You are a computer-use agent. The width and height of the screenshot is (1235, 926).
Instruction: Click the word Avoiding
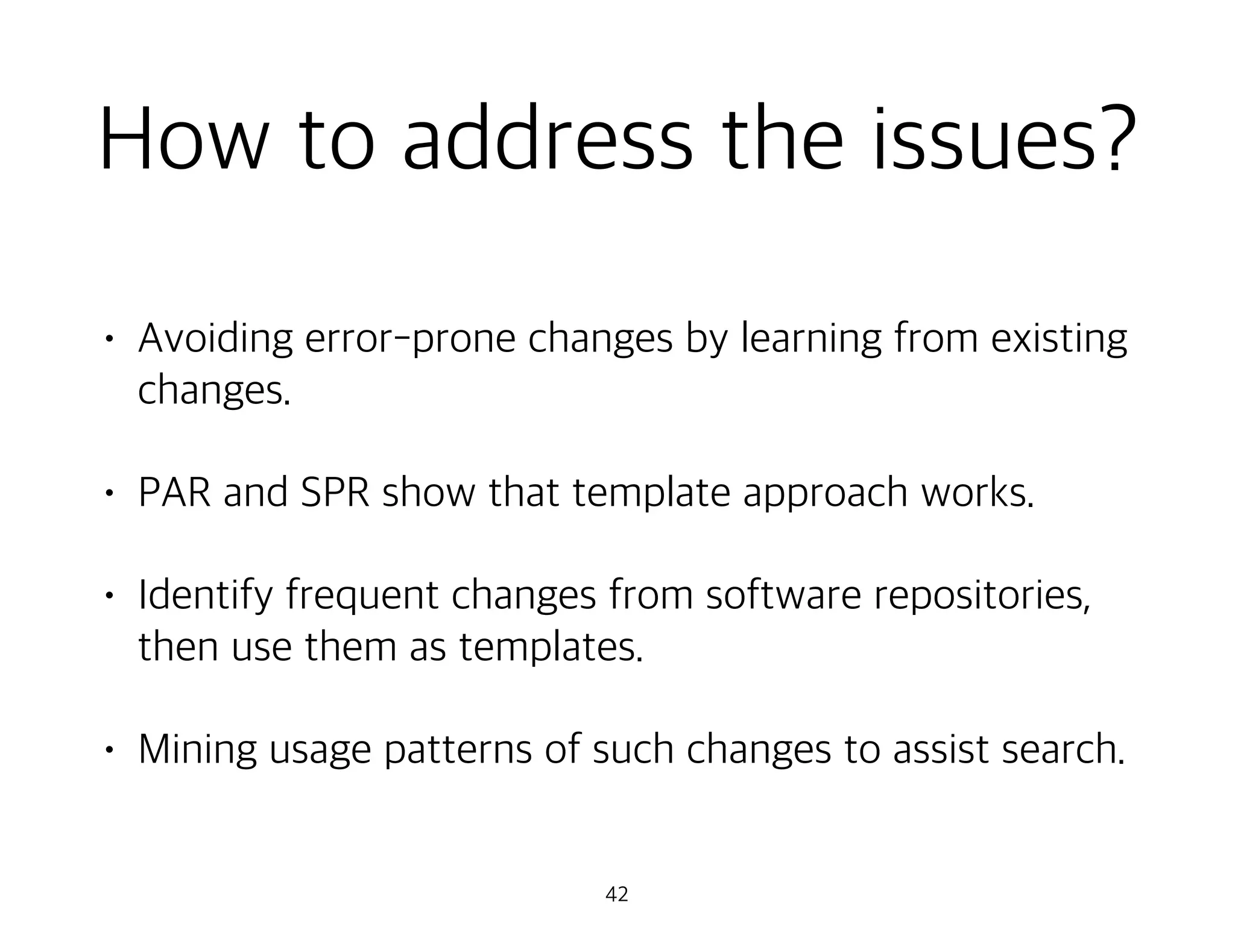pyautogui.click(x=215, y=339)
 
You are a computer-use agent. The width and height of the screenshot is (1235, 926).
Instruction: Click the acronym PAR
pyautogui.click(x=175, y=493)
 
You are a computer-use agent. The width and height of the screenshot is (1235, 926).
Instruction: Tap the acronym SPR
pyautogui.click(x=335, y=493)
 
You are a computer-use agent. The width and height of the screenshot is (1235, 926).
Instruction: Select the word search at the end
pyautogui.click(x=1063, y=749)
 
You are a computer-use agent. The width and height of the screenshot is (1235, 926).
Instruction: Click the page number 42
pyautogui.click(x=617, y=895)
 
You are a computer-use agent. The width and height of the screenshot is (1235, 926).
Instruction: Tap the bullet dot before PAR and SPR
pyautogui.click(x=108, y=494)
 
